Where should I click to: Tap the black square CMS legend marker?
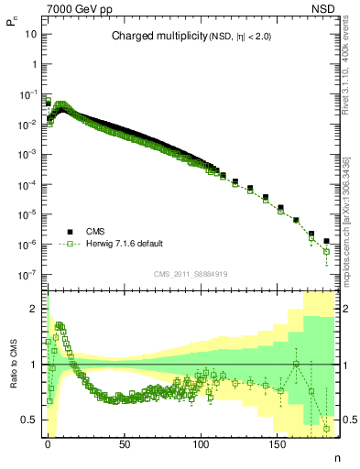69,232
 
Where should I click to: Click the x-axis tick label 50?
124,442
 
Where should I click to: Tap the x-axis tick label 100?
200,442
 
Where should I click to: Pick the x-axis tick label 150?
276,442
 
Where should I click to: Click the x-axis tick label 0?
48,442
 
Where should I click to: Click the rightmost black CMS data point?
326,241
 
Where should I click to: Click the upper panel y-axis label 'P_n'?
12,28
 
